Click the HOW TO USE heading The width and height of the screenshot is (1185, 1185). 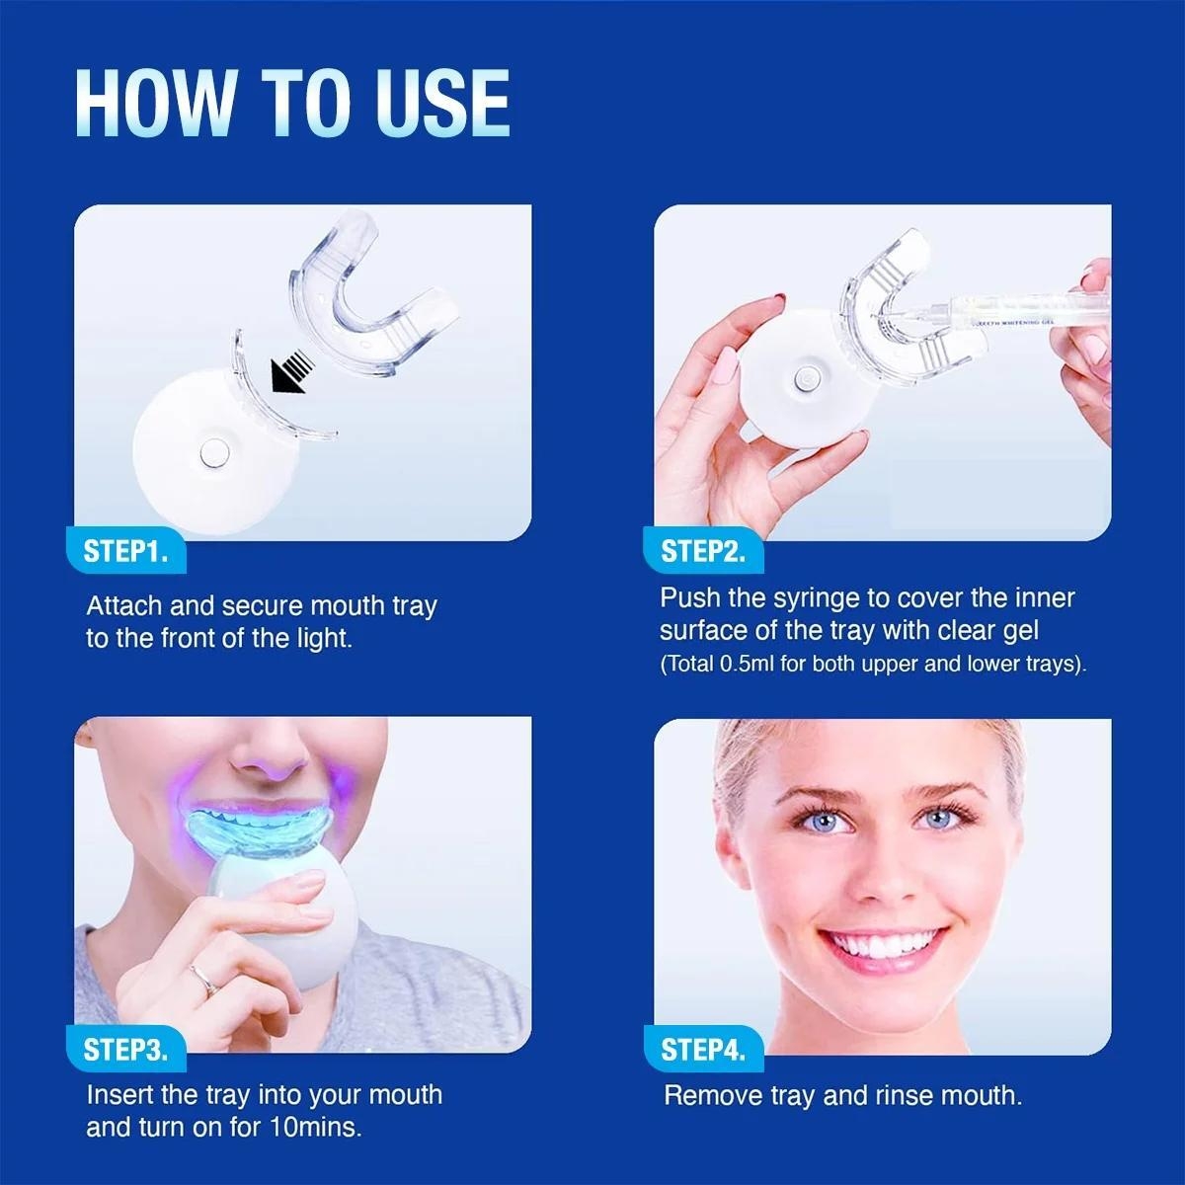pos(292,103)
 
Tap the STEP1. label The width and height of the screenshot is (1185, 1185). pos(125,551)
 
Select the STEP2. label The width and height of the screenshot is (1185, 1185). pos(703,551)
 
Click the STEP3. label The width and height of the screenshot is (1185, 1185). pos(125,1050)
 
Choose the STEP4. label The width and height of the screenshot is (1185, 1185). pos(703,1050)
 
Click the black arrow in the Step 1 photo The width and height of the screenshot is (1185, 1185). pos(291,374)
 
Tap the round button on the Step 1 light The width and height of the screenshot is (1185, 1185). pos(210,453)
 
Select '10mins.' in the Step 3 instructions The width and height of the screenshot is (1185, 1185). pos(315,1128)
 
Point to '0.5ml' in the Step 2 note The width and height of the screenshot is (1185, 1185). pos(748,664)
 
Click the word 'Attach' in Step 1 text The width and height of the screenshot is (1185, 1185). pos(124,606)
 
